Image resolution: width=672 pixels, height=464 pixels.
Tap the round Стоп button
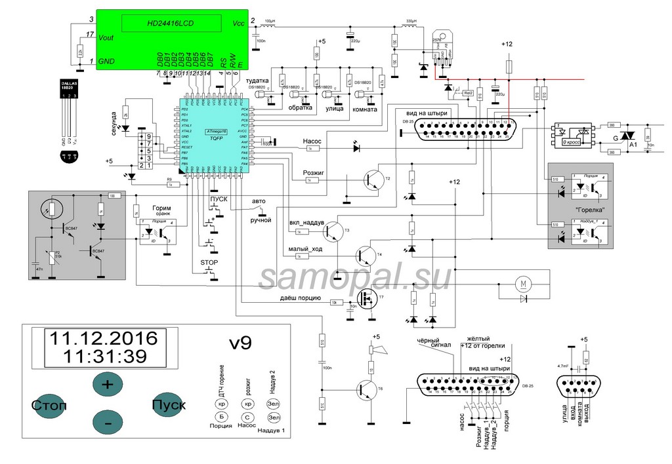(x=49, y=405)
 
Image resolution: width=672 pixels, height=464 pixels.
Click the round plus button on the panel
(x=107, y=384)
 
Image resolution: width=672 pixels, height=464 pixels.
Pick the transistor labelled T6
(x=365, y=390)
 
